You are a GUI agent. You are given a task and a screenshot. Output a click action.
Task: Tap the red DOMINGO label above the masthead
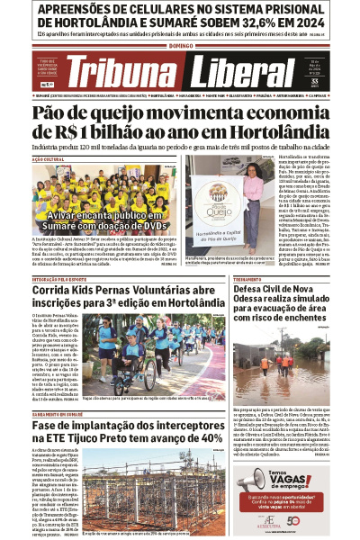coord(180,44)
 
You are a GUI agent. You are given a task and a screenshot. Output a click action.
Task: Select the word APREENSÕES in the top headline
coord(68,10)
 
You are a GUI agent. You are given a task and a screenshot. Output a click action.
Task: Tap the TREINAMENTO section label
coord(249,279)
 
